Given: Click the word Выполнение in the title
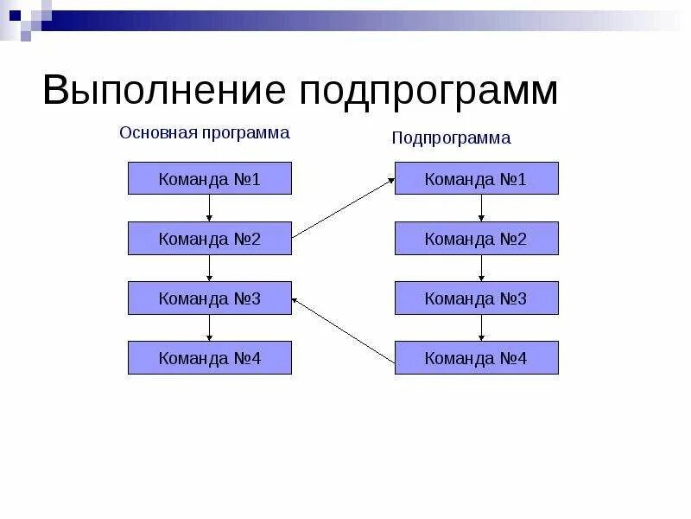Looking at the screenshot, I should [164, 90].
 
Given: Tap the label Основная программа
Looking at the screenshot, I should [204, 133].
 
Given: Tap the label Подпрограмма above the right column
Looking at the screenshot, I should [451, 138].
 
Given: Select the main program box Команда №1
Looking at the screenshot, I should [210, 178].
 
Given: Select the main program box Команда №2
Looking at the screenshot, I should [210, 238].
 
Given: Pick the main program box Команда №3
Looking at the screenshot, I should [210, 298].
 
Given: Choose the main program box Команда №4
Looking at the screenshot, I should [210, 357].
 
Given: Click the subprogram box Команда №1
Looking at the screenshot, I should [476, 178].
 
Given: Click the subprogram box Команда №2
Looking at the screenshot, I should [476, 238].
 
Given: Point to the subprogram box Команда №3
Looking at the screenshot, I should [476, 298].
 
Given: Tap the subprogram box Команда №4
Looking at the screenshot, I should [476, 357].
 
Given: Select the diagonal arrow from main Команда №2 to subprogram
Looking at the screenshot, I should [343, 208].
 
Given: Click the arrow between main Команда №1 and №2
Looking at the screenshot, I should [210, 208].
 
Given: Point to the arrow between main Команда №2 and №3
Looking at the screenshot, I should [210, 267].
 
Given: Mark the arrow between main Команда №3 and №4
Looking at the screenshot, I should [210, 327].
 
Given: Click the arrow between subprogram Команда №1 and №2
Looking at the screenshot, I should [482, 208].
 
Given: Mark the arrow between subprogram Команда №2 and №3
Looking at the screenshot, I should [482, 267].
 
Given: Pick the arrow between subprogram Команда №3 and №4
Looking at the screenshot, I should [482, 327].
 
